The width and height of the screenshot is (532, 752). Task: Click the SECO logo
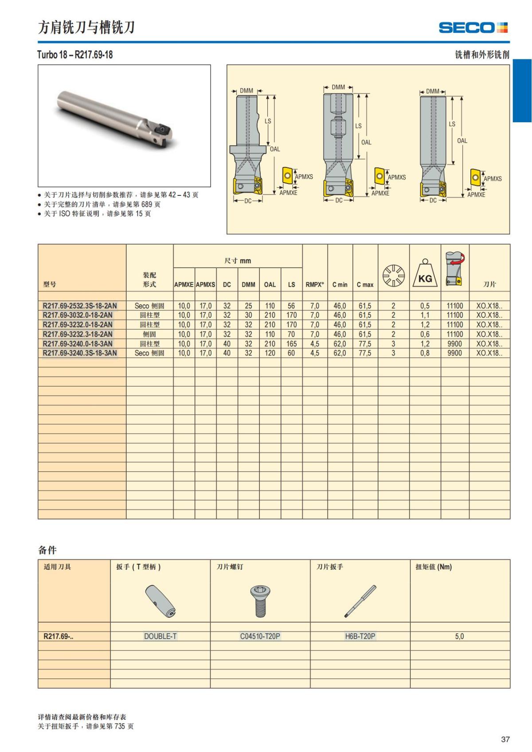pos(473,28)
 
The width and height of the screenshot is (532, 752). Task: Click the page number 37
pos(505,739)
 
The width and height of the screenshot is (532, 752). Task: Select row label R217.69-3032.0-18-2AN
pos(78,315)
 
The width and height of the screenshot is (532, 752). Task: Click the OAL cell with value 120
pos(270,353)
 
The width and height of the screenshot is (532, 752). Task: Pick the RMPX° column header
pos(314,284)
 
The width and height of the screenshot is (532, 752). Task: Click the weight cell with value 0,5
pos(425,306)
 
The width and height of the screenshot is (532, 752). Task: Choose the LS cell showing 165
pos(291,343)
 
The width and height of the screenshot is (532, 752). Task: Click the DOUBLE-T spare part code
pos(160,636)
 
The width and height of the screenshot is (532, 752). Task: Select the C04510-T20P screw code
pos(260,636)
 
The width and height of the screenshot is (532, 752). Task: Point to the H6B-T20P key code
pos(360,636)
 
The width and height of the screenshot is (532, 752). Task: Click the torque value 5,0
pos(459,636)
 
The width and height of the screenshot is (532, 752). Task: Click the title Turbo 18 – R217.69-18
pos(75,55)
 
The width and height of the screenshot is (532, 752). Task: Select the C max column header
pos(365,284)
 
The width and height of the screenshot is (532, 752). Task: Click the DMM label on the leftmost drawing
pos(246,91)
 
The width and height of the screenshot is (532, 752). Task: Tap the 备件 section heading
pos(47,550)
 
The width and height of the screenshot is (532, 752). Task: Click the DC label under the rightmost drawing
pos(433,200)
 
